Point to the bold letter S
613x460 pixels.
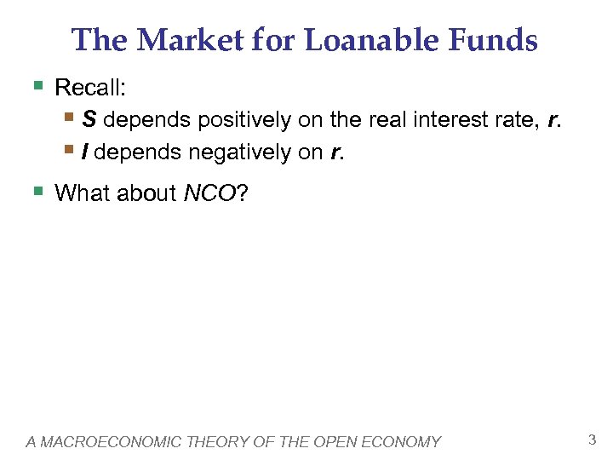89,120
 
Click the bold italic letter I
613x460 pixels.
85,152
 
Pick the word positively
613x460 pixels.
243,121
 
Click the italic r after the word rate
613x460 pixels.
554,121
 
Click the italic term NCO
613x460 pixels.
209,193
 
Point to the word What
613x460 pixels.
78,193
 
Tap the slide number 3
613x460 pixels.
592,440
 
